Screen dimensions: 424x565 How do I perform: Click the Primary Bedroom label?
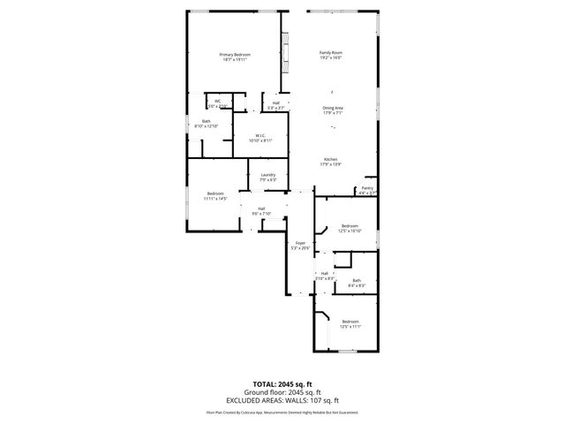[x=236, y=55]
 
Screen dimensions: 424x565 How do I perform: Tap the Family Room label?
[x=330, y=52]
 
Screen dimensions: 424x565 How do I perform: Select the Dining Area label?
[x=332, y=108]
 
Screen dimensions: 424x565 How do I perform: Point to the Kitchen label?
[x=330, y=160]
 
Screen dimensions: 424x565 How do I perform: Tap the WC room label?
[x=217, y=102]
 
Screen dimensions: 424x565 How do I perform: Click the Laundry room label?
[x=268, y=175]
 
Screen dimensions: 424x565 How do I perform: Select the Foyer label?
[x=300, y=243]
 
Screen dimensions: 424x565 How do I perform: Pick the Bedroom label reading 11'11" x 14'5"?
[x=216, y=193]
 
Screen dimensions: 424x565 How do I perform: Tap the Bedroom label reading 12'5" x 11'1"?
[x=350, y=322]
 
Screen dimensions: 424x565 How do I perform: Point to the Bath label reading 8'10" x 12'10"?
[x=206, y=121]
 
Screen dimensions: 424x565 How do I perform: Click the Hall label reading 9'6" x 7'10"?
[x=261, y=208]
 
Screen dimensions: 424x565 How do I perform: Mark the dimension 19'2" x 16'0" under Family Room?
[x=330, y=57]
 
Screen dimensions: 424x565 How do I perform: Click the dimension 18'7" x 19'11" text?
[x=236, y=60]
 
